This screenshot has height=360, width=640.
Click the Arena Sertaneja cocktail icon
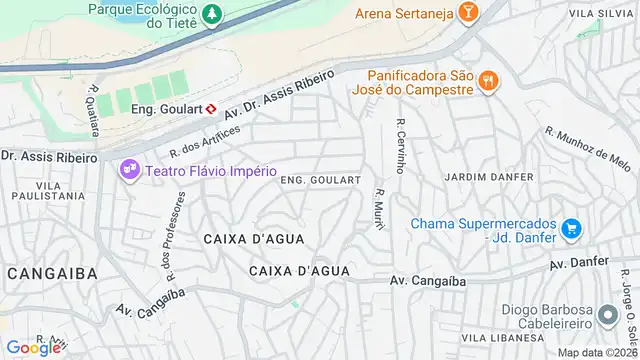point(467,12)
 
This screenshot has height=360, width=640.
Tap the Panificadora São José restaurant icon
point(488,81)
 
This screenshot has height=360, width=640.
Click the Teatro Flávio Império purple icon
point(129,169)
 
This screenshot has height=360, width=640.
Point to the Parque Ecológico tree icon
point(211,15)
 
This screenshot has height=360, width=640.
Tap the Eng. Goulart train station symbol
point(211,108)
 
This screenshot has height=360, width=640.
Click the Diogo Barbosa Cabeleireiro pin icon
point(607,316)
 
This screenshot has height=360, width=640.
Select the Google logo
point(34,347)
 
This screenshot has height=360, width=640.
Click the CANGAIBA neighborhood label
point(52,273)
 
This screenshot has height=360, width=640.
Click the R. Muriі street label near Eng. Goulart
point(379,206)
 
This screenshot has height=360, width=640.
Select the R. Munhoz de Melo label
point(589,148)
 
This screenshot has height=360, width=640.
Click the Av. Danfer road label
point(579,263)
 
